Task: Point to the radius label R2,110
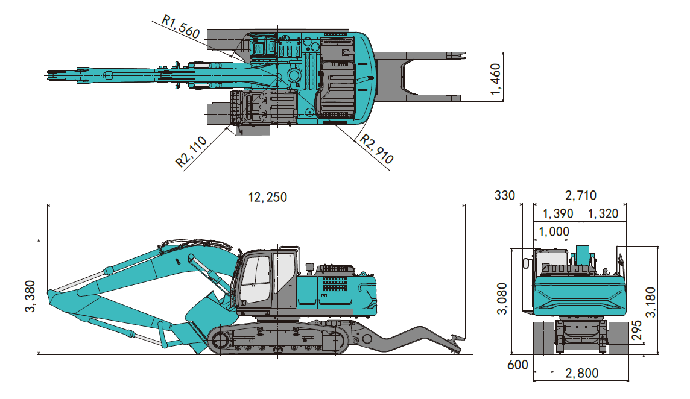tap(191, 151)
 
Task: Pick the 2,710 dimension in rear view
tap(580, 195)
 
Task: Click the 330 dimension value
tap(505, 195)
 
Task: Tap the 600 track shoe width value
tap(517, 365)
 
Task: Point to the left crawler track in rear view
tap(544, 339)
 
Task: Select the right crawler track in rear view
tap(618, 339)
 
